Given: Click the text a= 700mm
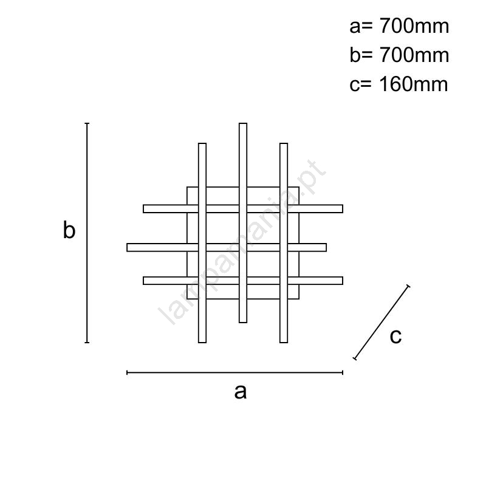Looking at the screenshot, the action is point(399,26).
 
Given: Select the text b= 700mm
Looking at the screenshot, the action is point(399,55).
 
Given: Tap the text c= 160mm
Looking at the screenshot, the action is point(399,84).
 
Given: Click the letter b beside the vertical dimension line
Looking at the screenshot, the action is point(69,230).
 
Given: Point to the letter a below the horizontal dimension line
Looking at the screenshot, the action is point(241,392).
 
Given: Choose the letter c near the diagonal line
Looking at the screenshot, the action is point(396,336).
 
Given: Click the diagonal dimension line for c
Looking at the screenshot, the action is point(382,323).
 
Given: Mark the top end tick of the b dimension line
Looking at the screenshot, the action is point(87,123).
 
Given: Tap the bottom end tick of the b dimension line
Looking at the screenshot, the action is point(87,343).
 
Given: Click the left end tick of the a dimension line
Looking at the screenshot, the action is point(127,372).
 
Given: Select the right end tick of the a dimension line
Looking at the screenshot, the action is point(343,372).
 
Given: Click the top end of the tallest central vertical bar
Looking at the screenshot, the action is point(243,123).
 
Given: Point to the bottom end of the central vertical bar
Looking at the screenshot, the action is point(243,323).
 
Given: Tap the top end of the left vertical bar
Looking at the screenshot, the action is point(202,143).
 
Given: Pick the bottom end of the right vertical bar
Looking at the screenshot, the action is point(284,343).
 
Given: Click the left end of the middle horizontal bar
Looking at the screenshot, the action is point(127,247).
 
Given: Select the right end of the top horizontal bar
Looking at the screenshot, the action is point(343,208).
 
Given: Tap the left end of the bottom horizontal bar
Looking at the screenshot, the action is point(143,281).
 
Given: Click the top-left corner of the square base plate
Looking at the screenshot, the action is point(187,187).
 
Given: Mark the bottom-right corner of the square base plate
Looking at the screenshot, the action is point(299,299).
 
